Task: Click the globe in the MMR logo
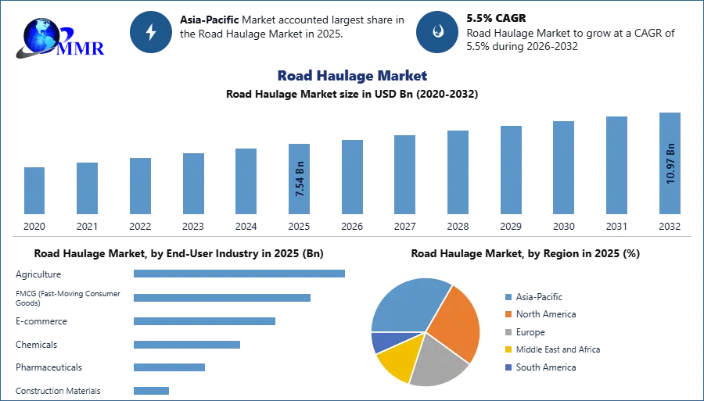tap(38, 34)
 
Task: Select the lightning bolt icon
tap(152, 32)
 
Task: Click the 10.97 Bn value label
tap(670, 163)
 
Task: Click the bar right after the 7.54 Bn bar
tap(350, 177)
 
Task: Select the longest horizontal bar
tap(240, 274)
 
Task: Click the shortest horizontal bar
tap(150, 390)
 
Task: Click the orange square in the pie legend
tap(507, 313)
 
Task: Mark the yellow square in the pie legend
tap(507, 350)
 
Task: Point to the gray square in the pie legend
tap(507, 331)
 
